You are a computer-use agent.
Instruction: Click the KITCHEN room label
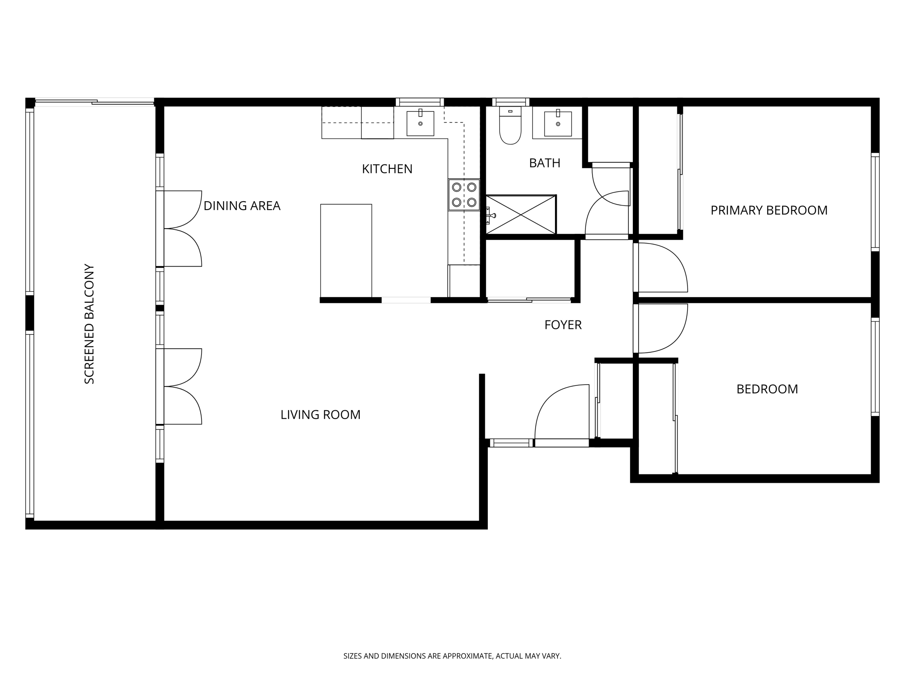pos(387,169)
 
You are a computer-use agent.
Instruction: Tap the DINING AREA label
pos(242,206)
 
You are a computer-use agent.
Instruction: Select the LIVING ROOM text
pos(320,415)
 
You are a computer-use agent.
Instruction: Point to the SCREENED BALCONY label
pos(89,324)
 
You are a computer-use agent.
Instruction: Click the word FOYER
pos(563,325)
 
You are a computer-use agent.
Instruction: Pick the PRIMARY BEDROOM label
pos(768,210)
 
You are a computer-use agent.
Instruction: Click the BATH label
pos(544,163)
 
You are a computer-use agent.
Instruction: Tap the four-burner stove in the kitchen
pos(464,195)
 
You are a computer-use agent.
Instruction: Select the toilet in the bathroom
pos(510,128)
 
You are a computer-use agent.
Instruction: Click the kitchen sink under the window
pos(420,123)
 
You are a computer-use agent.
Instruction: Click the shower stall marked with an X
pos(521,215)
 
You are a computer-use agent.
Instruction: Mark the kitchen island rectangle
pos(346,250)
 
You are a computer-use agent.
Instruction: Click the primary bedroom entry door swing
pos(661,268)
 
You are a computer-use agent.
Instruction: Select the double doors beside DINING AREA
pos(183,229)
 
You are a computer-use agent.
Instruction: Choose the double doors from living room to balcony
pos(183,387)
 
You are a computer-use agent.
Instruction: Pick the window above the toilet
pos(510,102)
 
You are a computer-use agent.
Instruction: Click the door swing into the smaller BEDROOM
pos(661,328)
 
